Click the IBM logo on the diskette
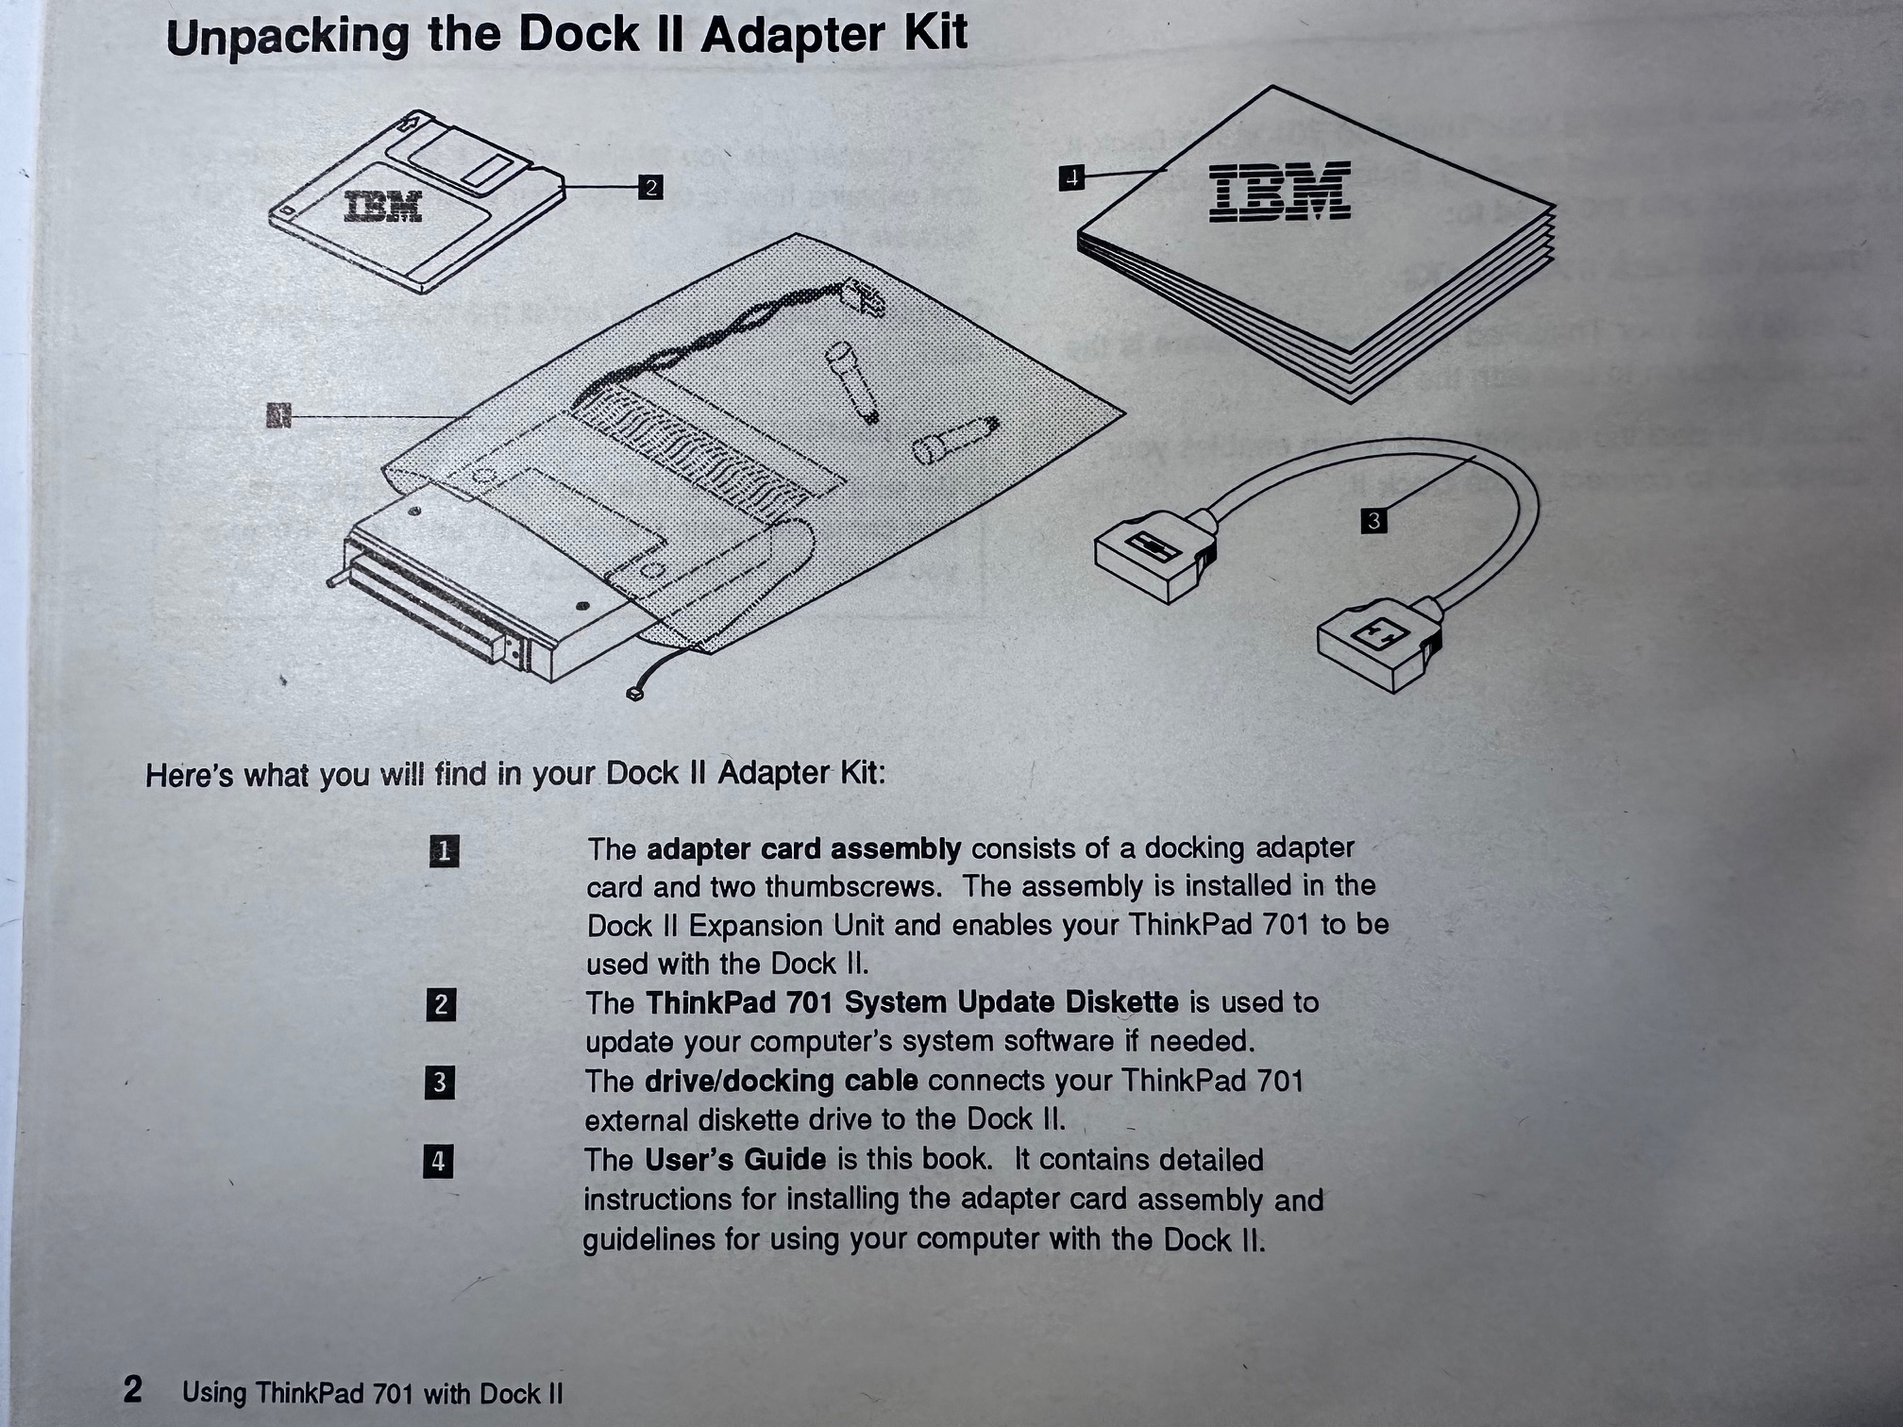point(383,207)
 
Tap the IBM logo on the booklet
point(1280,192)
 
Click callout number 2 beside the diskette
point(649,187)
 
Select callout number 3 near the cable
point(1373,520)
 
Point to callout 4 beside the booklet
point(1071,176)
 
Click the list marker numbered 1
point(444,851)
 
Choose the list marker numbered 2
point(441,1004)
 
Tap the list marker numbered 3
point(439,1082)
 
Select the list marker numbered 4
point(438,1161)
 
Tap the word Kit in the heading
point(935,34)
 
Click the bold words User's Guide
point(735,1159)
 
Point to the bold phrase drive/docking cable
point(781,1081)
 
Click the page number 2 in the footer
point(133,1389)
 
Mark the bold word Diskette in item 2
point(1121,1002)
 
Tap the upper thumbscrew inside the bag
point(853,383)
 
